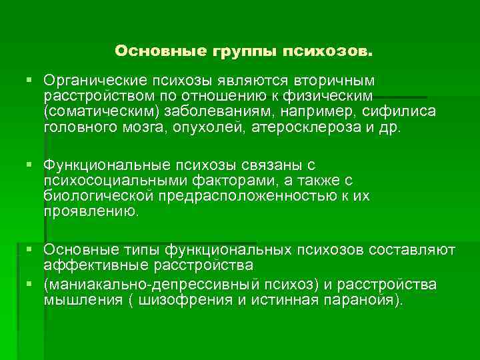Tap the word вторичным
pos(336,81)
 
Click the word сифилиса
pos(399,112)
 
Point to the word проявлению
pos(92,212)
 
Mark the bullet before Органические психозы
pos(28,81)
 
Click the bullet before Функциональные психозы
pos(28,164)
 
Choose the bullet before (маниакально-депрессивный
pos(28,285)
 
